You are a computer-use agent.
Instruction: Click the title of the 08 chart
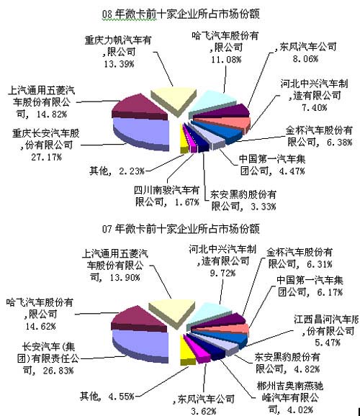tap(181, 14)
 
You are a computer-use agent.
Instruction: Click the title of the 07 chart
tap(181, 229)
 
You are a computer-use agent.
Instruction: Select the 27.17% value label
tap(47, 157)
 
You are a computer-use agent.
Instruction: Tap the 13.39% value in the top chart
tap(119, 64)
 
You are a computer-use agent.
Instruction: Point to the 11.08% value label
tap(226, 60)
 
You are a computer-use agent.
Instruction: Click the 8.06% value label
tap(305, 58)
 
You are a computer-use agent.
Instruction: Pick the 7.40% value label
tap(315, 107)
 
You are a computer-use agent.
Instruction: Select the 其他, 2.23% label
tap(117, 171)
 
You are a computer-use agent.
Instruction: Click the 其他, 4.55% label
tap(107, 397)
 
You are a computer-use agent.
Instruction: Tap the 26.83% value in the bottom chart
tap(58, 371)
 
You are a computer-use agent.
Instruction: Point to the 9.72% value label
tap(222, 273)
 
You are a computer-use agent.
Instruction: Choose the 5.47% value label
tap(328, 343)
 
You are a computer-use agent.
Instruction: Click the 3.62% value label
tap(203, 411)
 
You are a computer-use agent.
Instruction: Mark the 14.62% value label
tap(40, 326)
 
